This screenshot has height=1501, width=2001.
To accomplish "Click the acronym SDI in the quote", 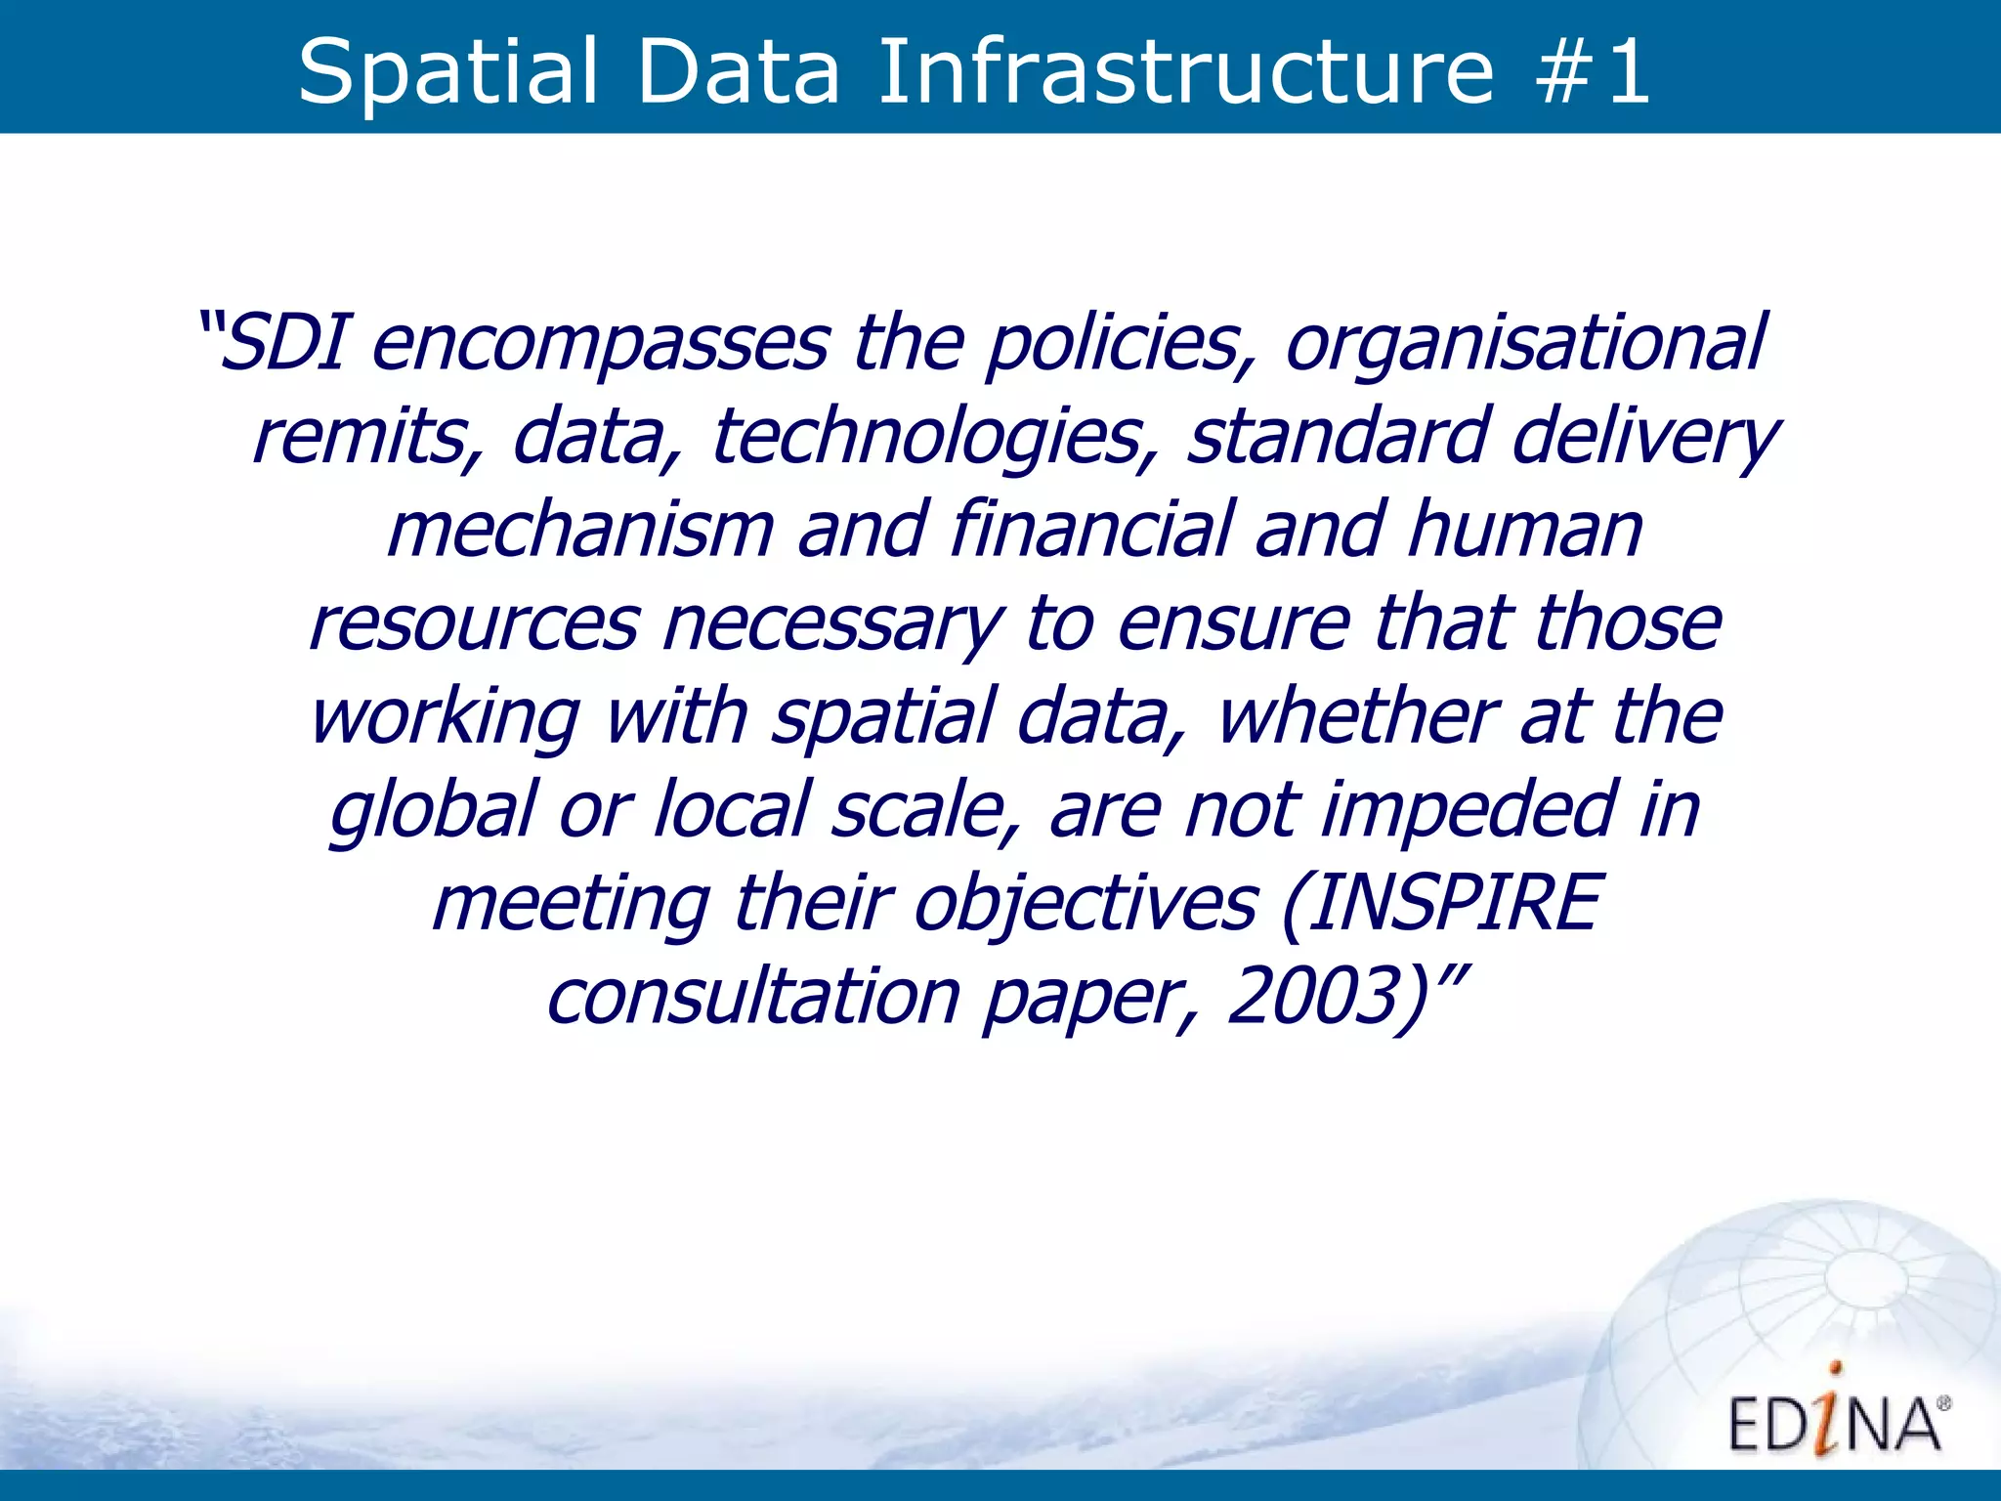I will tap(282, 344).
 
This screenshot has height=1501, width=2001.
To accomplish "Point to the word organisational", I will tap(1524, 344).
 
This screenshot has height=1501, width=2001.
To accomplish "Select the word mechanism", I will tap(580, 530).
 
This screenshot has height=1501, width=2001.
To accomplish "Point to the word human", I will tap(1525, 530).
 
